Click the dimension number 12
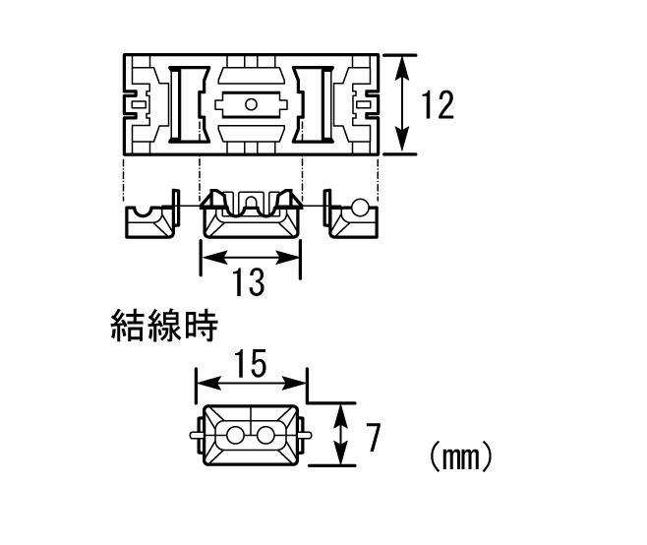(x=438, y=105)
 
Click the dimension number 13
(x=249, y=282)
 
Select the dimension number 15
(x=252, y=363)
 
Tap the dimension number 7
(x=374, y=438)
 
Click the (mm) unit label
(x=460, y=457)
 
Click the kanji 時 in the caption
(x=201, y=326)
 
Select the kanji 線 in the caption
(x=164, y=326)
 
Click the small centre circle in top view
(x=251, y=104)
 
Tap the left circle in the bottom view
(x=235, y=435)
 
